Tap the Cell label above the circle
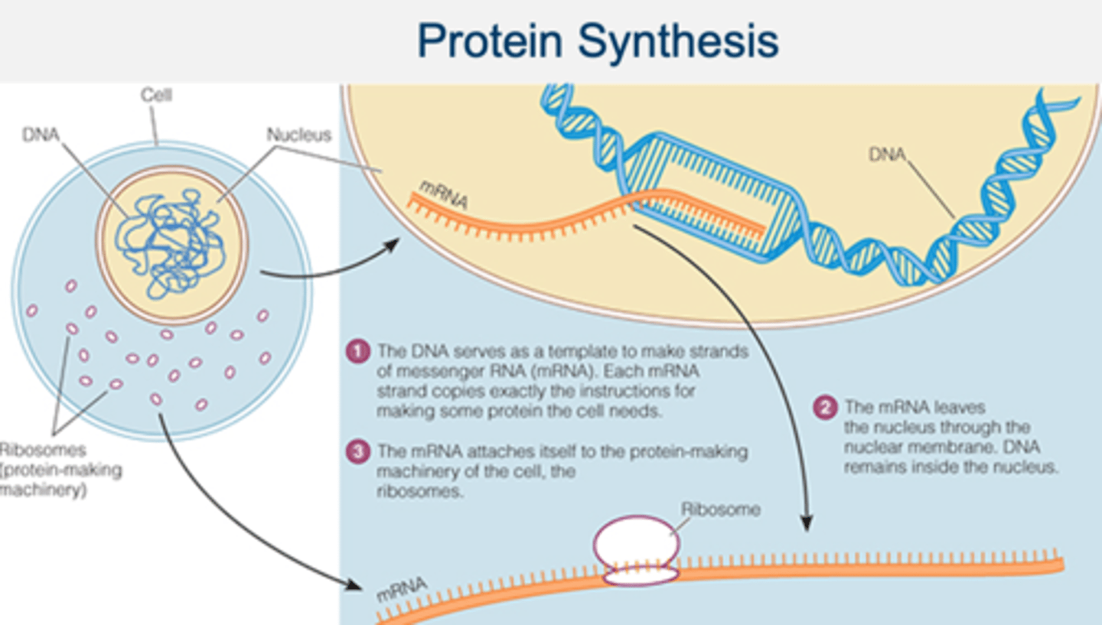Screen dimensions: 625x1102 coord(156,96)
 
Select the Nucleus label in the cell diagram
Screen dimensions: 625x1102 coord(298,135)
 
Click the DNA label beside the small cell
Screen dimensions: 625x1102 coord(41,135)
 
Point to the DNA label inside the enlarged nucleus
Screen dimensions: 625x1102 coord(887,155)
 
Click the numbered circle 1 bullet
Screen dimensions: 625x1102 coord(357,353)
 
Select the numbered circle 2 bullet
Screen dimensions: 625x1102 coord(824,408)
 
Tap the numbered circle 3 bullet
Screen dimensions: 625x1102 coord(357,451)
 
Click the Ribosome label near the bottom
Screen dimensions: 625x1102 coord(720,509)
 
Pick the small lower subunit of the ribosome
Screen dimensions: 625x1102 coord(640,576)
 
